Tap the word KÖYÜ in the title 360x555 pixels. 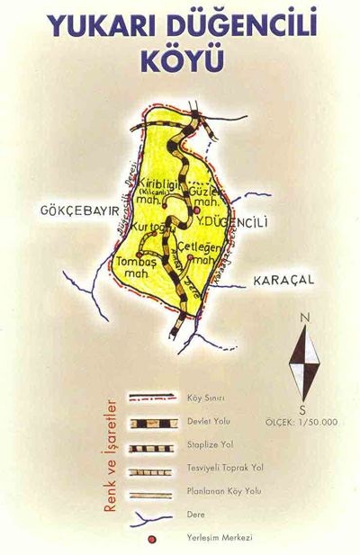pyautogui.click(x=180, y=60)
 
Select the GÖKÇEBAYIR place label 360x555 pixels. pyautogui.click(x=79, y=210)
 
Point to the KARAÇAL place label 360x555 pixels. pyautogui.click(x=283, y=280)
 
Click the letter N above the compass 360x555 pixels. pyautogui.click(x=305, y=317)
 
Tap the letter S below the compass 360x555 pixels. pyautogui.click(x=303, y=409)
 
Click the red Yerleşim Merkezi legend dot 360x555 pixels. pyautogui.click(x=152, y=539)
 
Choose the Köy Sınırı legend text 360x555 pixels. pyautogui.click(x=206, y=398)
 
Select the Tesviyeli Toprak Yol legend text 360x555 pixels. pyautogui.click(x=225, y=469)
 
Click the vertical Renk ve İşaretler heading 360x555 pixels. pyautogui.click(x=111, y=455)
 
